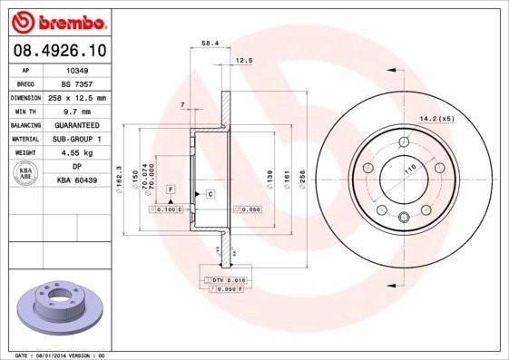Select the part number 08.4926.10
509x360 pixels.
click(60, 49)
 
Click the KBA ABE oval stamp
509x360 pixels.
click(27, 175)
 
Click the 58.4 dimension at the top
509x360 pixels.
click(209, 43)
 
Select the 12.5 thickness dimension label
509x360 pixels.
click(243, 61)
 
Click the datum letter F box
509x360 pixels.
click(170, 189)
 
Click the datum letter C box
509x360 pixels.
click(210, 195)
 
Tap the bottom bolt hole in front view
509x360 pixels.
click(402, 215)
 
